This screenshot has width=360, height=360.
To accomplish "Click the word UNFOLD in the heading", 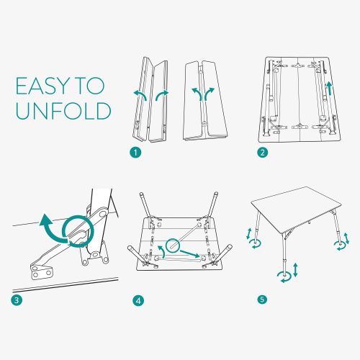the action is click(x=63, y=111).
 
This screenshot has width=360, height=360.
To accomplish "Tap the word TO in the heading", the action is click(x=90, y=86).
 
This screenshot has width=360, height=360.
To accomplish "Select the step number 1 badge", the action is click(x=135, y=153).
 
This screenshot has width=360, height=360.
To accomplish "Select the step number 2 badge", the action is click(x=262, y=153).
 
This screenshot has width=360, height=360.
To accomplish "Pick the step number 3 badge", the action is click(x=17, y=300).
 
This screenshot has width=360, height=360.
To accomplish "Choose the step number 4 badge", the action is click(x=138, y=300).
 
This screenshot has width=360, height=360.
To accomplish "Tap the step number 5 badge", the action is click(x=262, y=300).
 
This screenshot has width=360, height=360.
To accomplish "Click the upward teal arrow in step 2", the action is click(x=330, y=88).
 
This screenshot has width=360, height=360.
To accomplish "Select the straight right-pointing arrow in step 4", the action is click(x=190, y=253).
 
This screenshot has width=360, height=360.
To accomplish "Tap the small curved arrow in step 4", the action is click(x=161, y=251).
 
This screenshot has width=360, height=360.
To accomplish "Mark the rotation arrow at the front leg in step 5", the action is click(x=284, y=277).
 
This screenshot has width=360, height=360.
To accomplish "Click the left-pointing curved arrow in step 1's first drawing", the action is click(x=141, y=94).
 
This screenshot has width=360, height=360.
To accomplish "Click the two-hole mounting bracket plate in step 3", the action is click(x=42, y=271).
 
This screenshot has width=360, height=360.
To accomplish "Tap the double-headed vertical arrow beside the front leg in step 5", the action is click(x=295, y=270).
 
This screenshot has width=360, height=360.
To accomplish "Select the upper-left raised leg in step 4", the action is click(x=145, y=204).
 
